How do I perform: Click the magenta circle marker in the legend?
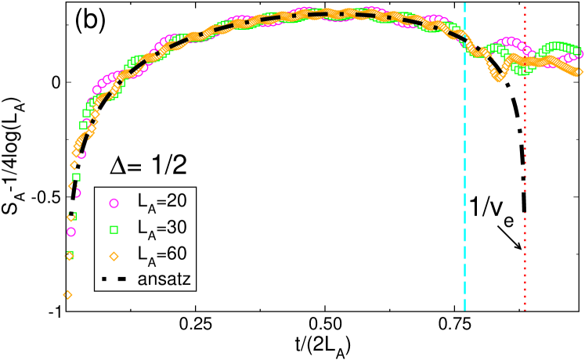point(114,203)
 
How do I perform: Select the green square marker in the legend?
point(114,229)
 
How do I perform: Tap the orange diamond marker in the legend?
point(114,256)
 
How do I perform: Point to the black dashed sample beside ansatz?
point(114,279)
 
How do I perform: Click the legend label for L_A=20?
point(161,202)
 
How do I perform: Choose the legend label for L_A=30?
point(161,229)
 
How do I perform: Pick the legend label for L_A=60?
point(161,255)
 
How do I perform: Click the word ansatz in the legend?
point(164,279)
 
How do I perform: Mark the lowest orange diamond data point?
point(67,294)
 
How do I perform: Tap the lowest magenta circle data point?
point(71,232)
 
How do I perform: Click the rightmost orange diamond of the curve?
point(579,73)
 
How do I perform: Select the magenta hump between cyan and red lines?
point(509,41)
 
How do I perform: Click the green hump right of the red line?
point(558,46)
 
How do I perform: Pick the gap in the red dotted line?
point(525,202)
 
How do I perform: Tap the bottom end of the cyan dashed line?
point(464,309)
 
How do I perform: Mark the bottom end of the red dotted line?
point(525,309)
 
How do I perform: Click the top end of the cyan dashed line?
point(464,4)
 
